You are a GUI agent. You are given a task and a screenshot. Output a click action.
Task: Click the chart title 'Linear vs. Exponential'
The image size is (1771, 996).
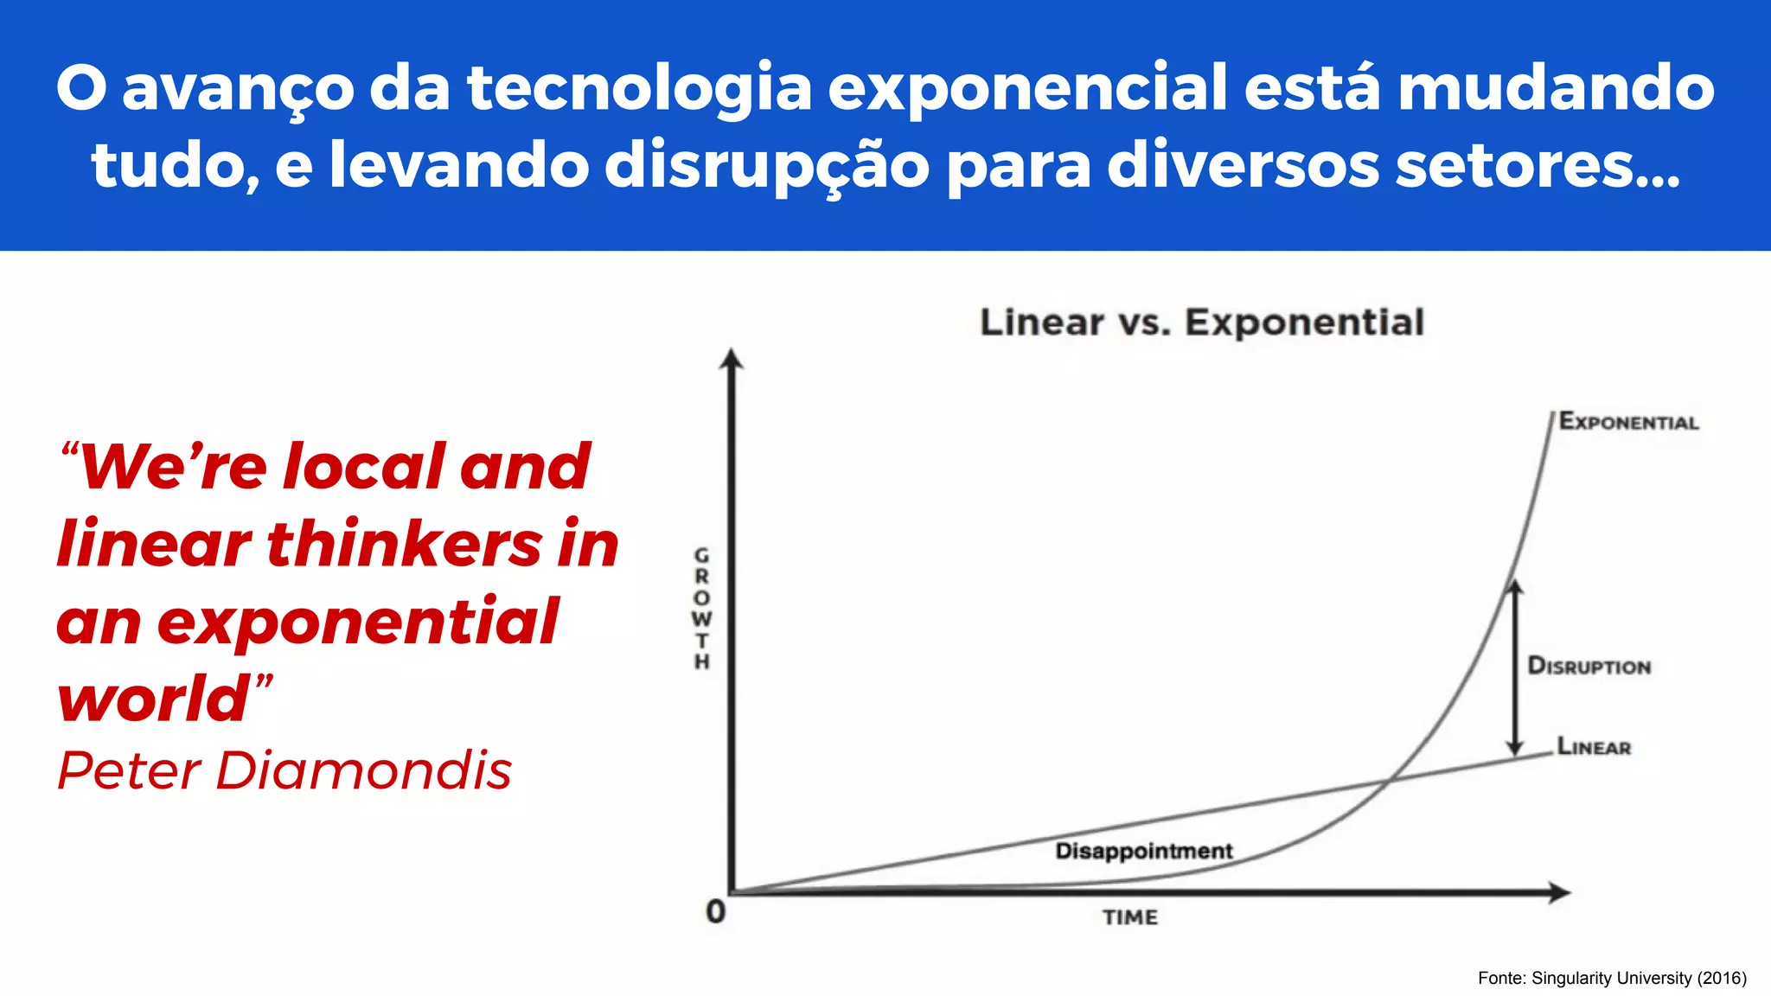(x=1202, y=322)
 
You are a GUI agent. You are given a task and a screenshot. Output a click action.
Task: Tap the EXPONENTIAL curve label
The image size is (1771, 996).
(x=1628, y=422)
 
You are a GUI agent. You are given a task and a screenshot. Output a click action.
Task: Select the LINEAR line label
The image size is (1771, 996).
(x=1594, y=746)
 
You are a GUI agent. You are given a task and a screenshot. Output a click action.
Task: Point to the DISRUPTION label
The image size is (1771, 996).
(x=1589, y=666)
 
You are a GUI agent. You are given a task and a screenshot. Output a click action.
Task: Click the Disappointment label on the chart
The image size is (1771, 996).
(x=1143, y=851)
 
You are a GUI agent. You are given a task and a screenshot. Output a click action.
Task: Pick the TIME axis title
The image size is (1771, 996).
(x=1129, y=917)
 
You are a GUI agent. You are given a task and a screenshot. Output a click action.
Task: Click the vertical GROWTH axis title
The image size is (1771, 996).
(x=702, y=608)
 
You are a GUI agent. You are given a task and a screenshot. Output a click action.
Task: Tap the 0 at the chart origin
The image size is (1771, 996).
(x=715, y=911)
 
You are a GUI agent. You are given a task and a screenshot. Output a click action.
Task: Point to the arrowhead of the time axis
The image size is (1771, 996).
(x=1558, y=893)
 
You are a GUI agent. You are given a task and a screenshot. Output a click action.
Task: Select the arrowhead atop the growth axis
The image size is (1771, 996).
(x=732, y=360)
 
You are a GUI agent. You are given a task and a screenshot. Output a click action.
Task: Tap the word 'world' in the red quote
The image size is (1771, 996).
(x=154, y=699)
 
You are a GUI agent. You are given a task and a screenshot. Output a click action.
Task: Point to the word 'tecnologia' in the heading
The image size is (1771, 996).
(x=639, y=88)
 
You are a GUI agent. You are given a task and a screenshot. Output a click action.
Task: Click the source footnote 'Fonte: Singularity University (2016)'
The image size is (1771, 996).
(x=1612, y=978)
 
